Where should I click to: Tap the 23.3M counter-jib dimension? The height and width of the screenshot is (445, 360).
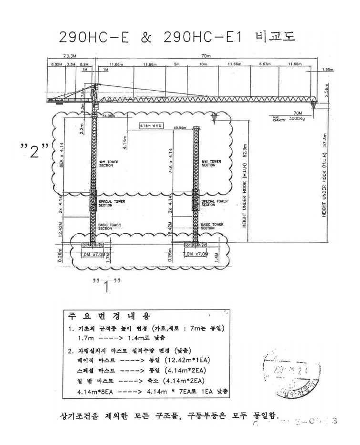(71, 56)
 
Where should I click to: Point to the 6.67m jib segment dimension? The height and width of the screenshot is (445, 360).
(266, 64)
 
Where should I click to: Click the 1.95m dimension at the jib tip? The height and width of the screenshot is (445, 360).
(328, 70)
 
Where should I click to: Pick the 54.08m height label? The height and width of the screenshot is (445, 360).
(109, 115)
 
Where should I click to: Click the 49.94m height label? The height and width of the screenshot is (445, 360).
(180, 128)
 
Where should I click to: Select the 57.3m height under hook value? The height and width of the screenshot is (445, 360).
(324, 140)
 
